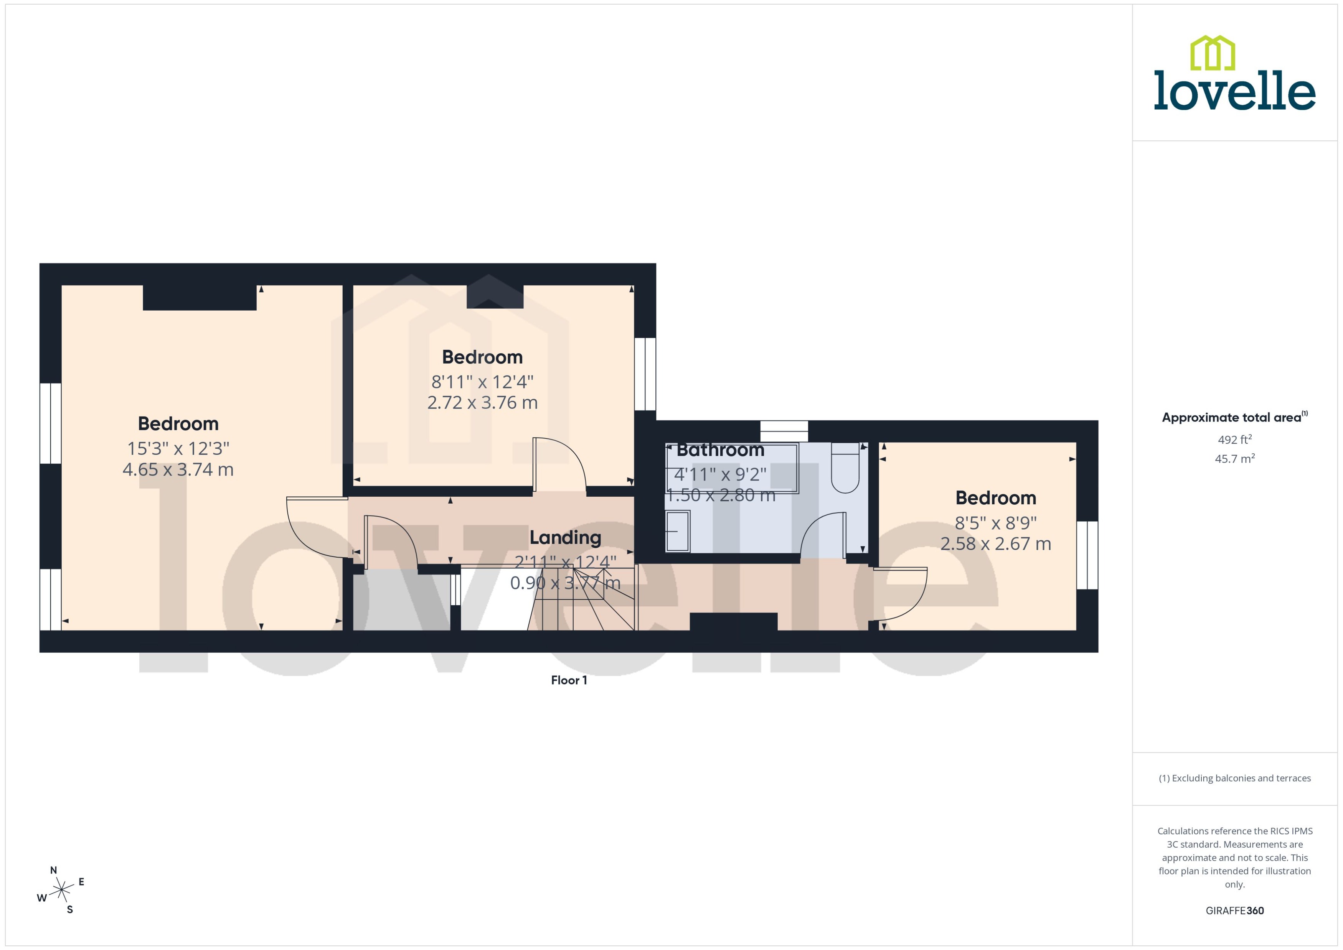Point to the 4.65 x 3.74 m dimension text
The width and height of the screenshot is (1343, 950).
point(178,470)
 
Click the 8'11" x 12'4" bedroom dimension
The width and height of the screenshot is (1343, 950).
point(482,382)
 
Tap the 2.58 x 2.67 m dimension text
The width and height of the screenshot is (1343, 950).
point(995,544)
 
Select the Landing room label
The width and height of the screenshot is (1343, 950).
point(565,538)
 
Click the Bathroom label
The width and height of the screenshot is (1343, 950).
point(720,450)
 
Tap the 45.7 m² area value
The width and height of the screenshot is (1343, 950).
point(1234,459)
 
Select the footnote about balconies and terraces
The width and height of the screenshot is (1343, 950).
point(1234,779)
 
